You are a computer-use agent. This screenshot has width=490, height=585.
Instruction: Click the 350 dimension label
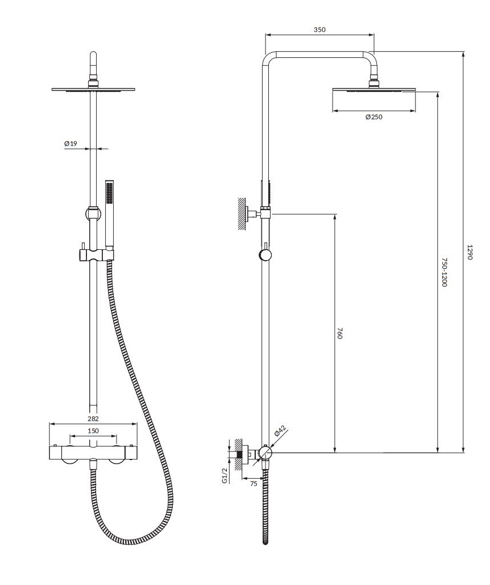pos(319,30)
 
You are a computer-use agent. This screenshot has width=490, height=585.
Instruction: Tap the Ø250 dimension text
pos(374,117)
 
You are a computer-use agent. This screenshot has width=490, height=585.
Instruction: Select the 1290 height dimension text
pos(470,252)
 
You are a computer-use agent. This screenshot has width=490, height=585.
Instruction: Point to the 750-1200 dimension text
pos(443,272)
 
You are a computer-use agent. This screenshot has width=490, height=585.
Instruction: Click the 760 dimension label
pos(339,333)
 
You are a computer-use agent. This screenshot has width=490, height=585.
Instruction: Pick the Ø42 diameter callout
pos(280,431)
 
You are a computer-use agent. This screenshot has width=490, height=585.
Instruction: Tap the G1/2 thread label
pos(225,476)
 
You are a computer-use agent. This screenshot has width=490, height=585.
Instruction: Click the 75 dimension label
pos(254,484)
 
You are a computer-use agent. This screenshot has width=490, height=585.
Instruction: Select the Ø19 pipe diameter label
pos(70,143)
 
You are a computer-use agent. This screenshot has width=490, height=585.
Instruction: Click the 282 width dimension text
pos(93,419)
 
